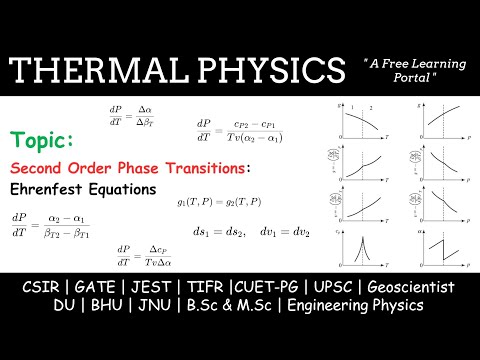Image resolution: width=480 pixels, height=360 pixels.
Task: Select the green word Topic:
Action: [41, 139]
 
